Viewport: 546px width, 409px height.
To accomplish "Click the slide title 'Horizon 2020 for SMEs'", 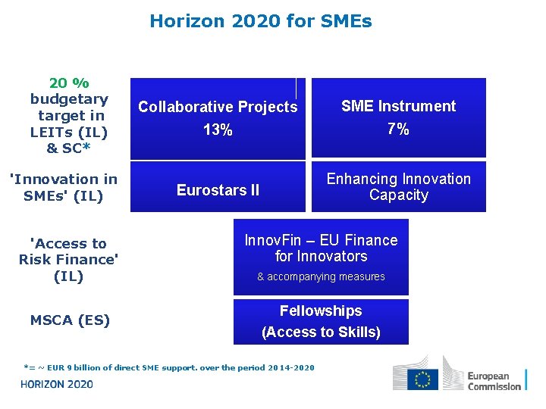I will click(x=261, y=21).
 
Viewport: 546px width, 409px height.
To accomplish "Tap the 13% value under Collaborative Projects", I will click(x=218, y=130).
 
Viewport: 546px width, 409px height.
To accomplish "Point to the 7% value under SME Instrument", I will click(x=398, y=130).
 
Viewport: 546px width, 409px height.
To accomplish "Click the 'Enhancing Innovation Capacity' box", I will click(x=398, y=187).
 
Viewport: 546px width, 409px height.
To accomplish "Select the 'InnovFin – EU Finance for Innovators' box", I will click(x=321, y=248).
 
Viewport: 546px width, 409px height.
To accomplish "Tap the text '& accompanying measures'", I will click(x=321, y=277).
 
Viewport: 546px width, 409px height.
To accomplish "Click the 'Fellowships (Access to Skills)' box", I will click(x=321, y=321).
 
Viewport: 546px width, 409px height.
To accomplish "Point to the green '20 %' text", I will click(x=69, y=83).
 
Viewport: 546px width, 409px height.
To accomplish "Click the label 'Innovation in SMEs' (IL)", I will click(x=63, y=187).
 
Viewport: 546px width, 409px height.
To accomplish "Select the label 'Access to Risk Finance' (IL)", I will click(x=69, y=260).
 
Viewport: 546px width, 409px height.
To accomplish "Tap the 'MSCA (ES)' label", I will click(x=70, y=320).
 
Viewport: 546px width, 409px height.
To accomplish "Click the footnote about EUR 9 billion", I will click(x=168, y=368).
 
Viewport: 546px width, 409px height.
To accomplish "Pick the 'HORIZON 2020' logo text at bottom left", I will click(x=57, y=384).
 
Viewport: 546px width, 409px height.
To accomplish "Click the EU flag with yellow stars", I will click(x=422, y=379).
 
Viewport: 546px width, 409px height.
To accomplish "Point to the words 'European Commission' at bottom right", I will click(x=494, y=381).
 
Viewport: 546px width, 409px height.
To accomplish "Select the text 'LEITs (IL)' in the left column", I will click(x=69, y=132).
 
